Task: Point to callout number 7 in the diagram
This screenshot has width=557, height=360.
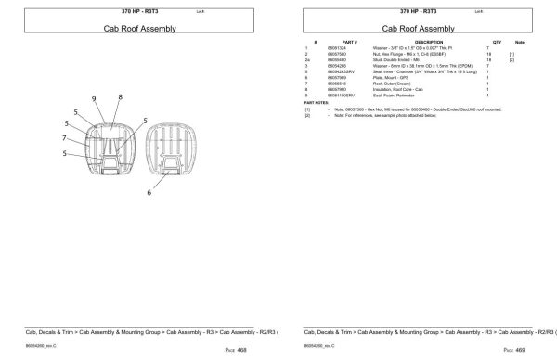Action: tap(65, 138)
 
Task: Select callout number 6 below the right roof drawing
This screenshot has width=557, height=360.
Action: tap(148, 192)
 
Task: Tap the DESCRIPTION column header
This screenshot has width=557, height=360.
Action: tap(429, 42)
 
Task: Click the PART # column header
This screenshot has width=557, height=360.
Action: tap(350, 42)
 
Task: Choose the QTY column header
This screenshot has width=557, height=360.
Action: tap(497, 42)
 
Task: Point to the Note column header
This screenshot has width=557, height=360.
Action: tap(520, 42)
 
